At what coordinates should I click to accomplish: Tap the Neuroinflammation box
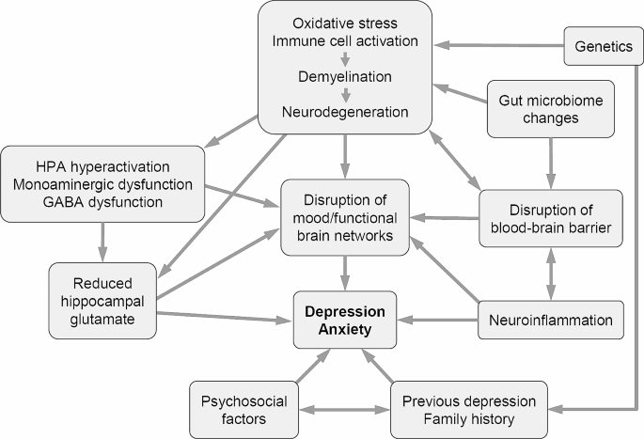tap(550, 321)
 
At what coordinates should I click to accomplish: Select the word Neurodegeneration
tap(344, 112)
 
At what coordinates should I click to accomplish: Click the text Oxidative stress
tap(344, 23)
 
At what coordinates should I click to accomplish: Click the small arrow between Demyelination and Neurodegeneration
tap(345, 95)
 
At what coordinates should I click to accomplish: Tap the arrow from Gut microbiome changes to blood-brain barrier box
tap(550, 163)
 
